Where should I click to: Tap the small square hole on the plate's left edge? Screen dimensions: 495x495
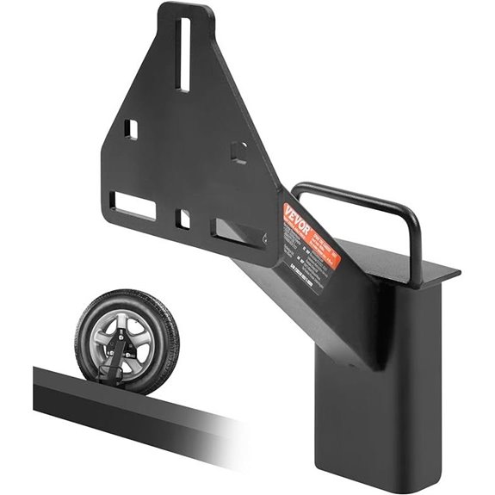pyautogui.click(x=132, y=129)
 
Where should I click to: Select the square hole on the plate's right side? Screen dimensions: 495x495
pyautogui.click(x=240, y=152)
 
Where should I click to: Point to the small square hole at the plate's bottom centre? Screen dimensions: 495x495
pyautogui.click(x=183, y=219)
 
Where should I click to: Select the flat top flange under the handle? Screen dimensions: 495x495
pyautogui.click(x=430, y=274)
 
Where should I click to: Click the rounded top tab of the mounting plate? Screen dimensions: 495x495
pyautogui.click(x=185, y=17)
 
